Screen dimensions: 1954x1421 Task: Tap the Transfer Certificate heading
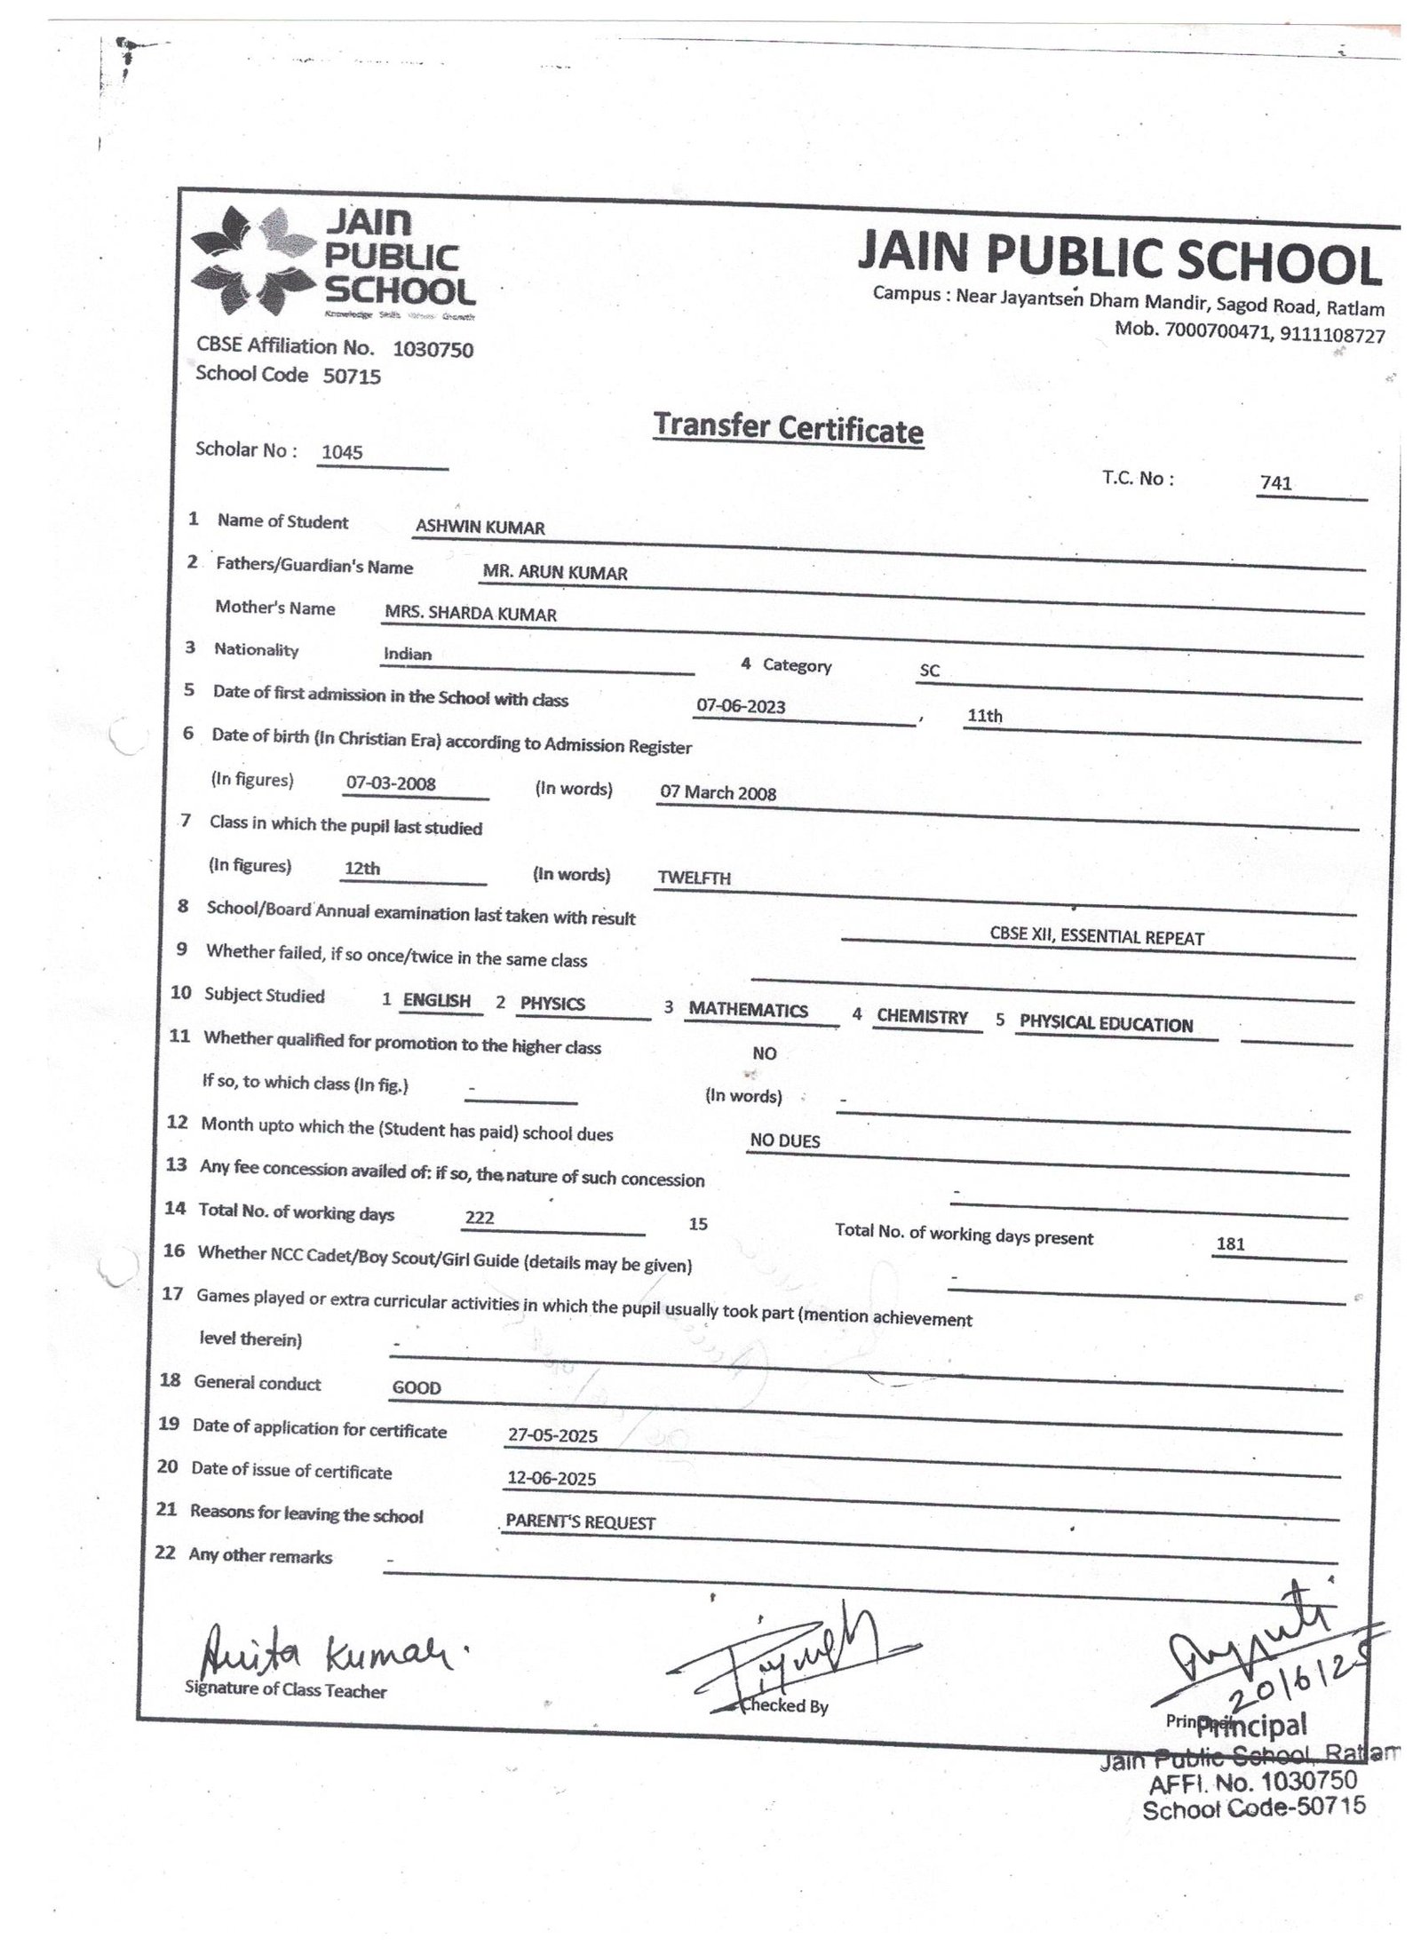788,428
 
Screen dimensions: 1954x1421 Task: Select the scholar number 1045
342,452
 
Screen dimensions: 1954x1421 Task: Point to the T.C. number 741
1275,483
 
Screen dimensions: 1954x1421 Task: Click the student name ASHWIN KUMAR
480,527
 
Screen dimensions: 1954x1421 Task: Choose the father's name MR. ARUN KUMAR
555,573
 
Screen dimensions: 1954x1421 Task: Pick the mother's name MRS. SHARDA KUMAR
471,614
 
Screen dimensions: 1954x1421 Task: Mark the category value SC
929,671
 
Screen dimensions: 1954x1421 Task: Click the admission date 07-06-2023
741,706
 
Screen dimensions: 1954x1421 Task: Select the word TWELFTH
694,878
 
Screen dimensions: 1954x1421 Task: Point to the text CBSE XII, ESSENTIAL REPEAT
1097,937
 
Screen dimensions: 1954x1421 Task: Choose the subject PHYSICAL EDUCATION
1106,1023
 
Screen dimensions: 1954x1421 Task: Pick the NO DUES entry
785,1140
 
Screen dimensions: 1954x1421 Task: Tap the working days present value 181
1230,1243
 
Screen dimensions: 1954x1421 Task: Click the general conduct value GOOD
417,1387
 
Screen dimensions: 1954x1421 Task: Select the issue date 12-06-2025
552,1478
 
